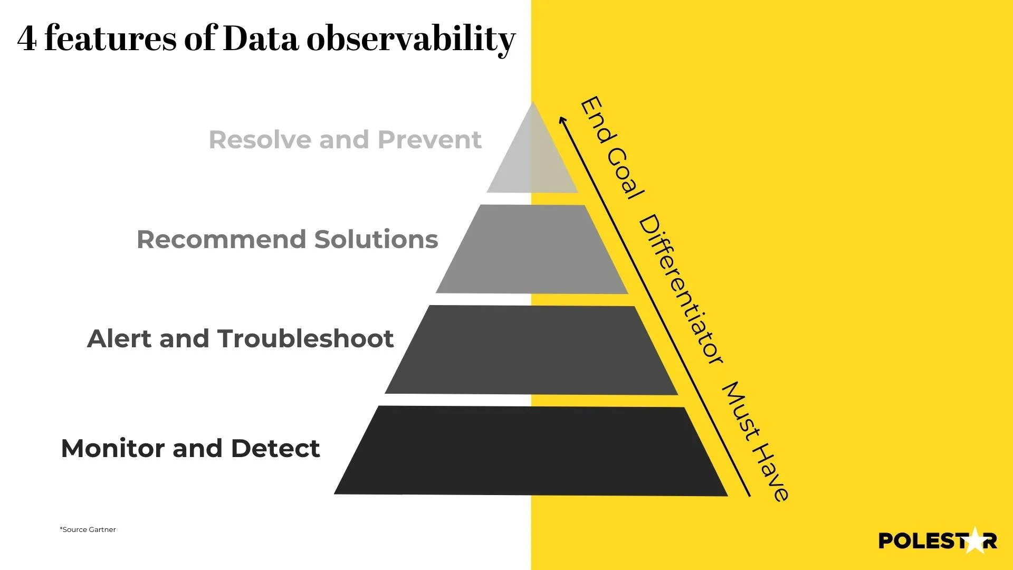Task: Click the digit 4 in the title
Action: pos(27,39)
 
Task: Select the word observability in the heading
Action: pos(410,40)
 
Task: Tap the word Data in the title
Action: pos(261,39)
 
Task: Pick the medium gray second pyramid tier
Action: pos(532,249)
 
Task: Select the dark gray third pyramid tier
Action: pos(532,349)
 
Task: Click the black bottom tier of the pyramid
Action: pos(531,451)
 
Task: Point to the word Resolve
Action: pos(260,140)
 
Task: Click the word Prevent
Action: pos(429,140)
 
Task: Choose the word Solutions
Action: pos(376,240)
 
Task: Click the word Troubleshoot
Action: pos(305,339)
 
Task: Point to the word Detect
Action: pos(275,449)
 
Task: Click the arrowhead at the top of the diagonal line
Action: pos(562,119)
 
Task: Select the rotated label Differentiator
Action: pos(681,290)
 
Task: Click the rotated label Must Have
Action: pos(755,441)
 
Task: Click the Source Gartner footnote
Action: pos(88,529)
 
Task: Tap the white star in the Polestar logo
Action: pos(974,540)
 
